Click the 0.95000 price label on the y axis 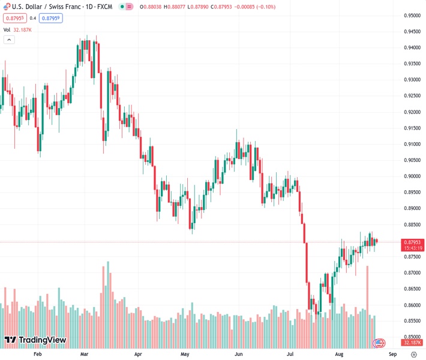[x=411, y=16]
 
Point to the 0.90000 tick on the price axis [x=411, y=176]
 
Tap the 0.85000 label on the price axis [x=411, y=337]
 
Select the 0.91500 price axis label [x=411, y=128]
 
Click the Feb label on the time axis [x=38, y=354]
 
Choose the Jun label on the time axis [x=239, y=354]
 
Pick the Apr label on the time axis [x=138, y=354]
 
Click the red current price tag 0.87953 [x=411, y=242]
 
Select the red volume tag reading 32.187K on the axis [x=411, y=343]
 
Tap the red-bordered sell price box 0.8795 [x=14, y=18]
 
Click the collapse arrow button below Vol [x=9, y=40]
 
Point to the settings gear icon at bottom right [x=414, y=354]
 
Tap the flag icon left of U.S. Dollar [x=6, y=7]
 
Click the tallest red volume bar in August [x=367, y=301]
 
